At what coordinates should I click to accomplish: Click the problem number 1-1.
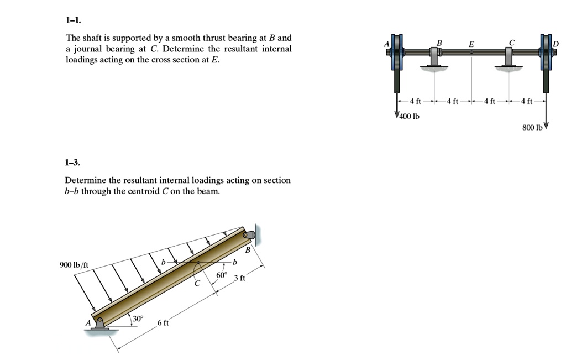point(73,20)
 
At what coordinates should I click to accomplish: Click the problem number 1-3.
point(73,163)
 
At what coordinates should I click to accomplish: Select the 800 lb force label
point(533,127)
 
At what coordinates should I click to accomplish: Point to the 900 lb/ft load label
point(74,265)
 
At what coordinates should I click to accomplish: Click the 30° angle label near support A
point(138,319)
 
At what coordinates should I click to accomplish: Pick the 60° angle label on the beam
point(222,275)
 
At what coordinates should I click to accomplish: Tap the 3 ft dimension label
point(239,278)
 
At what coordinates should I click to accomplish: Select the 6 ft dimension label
point(163,322)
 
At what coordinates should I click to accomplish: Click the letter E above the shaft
point(471,44)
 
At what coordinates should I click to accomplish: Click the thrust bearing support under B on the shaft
point(434,59)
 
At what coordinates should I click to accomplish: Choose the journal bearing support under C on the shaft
point(509,59)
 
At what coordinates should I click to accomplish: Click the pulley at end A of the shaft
point(397,53)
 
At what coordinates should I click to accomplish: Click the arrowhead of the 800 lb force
point(546,125)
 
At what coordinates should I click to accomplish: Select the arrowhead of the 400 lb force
point(397,115)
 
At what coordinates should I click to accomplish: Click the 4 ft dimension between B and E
point(452,101)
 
